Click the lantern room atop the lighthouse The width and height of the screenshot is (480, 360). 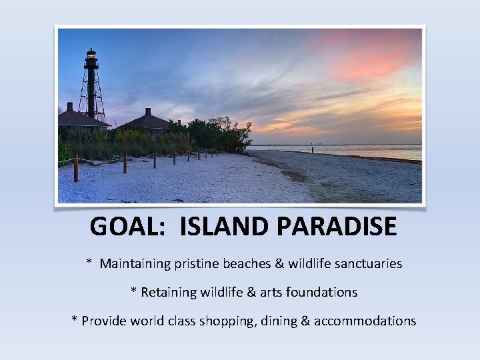pos(91,56)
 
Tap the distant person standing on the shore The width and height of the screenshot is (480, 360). pos(312,149)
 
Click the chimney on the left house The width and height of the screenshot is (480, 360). pos(69,107)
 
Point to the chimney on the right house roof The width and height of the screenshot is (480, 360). pos(148,112)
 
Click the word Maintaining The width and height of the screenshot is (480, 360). pos(135,264)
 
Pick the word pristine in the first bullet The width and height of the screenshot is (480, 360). pos(199,264)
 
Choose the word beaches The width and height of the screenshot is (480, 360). pos(247,264)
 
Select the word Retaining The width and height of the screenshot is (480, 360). pos(169,293)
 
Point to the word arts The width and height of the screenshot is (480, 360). pos(270,293)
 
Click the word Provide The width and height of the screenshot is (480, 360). pos(103,321)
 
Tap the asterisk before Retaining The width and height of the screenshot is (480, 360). pos(134,291)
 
